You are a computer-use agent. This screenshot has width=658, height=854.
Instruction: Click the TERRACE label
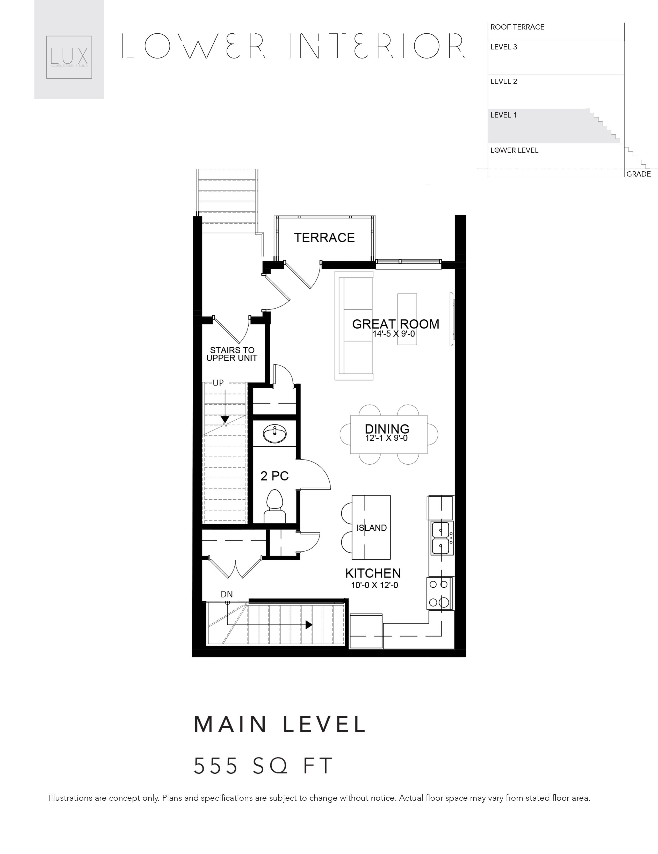pos(324,237)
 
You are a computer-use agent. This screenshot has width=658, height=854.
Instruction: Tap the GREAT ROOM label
pos(395,324)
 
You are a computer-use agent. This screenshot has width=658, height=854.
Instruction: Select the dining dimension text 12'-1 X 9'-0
pos(387,438)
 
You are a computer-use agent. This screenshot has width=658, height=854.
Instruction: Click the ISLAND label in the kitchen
pos(371,528)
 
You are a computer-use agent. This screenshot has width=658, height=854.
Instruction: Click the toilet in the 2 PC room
pos(275,506)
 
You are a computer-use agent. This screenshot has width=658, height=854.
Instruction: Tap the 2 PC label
pos(274,476)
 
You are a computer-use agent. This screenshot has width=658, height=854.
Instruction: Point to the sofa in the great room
pos(354,325)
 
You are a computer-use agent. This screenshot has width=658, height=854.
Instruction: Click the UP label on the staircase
pos(218,383)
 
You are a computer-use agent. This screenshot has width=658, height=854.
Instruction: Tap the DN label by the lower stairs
pos(227,594)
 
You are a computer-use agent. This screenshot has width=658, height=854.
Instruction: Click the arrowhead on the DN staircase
pos(309,625)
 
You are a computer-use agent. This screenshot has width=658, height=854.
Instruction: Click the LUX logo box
pos(69,57)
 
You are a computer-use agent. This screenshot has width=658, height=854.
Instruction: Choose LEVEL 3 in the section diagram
pos(503,47)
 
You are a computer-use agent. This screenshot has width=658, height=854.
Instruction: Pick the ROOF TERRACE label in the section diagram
pos(517,27)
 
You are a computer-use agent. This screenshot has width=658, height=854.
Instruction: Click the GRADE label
pos(638,174)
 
